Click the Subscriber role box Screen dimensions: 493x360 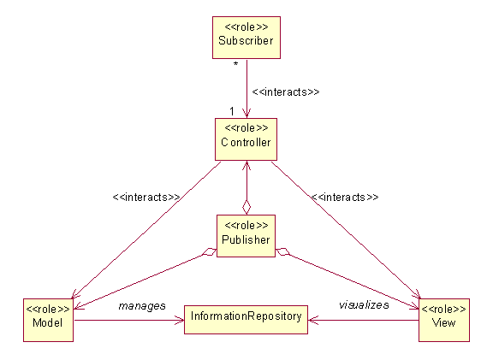point(246,38)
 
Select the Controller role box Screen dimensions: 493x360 point(246,139)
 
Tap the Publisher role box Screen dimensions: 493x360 point(246,236)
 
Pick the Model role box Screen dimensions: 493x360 point(48,320)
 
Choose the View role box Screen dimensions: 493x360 point(444,320)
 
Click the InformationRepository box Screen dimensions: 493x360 point(246,320)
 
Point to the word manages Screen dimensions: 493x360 point(142,306)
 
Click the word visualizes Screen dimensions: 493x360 point(364,304)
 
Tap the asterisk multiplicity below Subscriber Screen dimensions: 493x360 point(236,64)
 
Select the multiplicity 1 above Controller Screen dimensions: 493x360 point(232,111)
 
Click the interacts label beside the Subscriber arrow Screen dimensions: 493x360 point(286,91)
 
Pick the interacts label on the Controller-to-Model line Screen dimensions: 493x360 point(146,197)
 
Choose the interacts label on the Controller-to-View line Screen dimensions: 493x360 point(345,197)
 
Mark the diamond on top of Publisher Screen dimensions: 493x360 point(246,207)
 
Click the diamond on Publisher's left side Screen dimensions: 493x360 point(209,252)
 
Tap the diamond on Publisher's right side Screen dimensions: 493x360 point(283,252)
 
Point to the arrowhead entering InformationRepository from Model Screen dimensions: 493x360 point(180,321)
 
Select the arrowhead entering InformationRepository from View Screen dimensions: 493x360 point(313,321)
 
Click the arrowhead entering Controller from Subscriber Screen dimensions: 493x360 point(246,114)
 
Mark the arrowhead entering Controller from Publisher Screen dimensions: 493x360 point(246,165)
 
